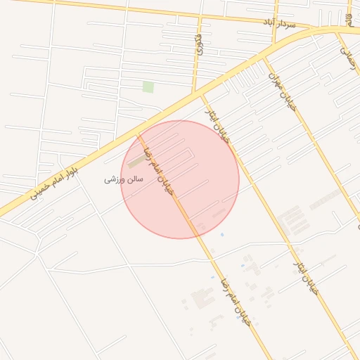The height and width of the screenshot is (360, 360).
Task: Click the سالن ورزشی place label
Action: [124, 179]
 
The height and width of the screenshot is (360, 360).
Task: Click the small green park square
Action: [148, 86]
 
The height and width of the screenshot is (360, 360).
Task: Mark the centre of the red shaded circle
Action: [180, 179]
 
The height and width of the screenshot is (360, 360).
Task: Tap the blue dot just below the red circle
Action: [222, 234]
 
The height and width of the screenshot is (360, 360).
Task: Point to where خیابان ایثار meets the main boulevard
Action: [200, 94]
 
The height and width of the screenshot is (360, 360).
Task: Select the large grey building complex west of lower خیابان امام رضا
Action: [202, 298]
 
